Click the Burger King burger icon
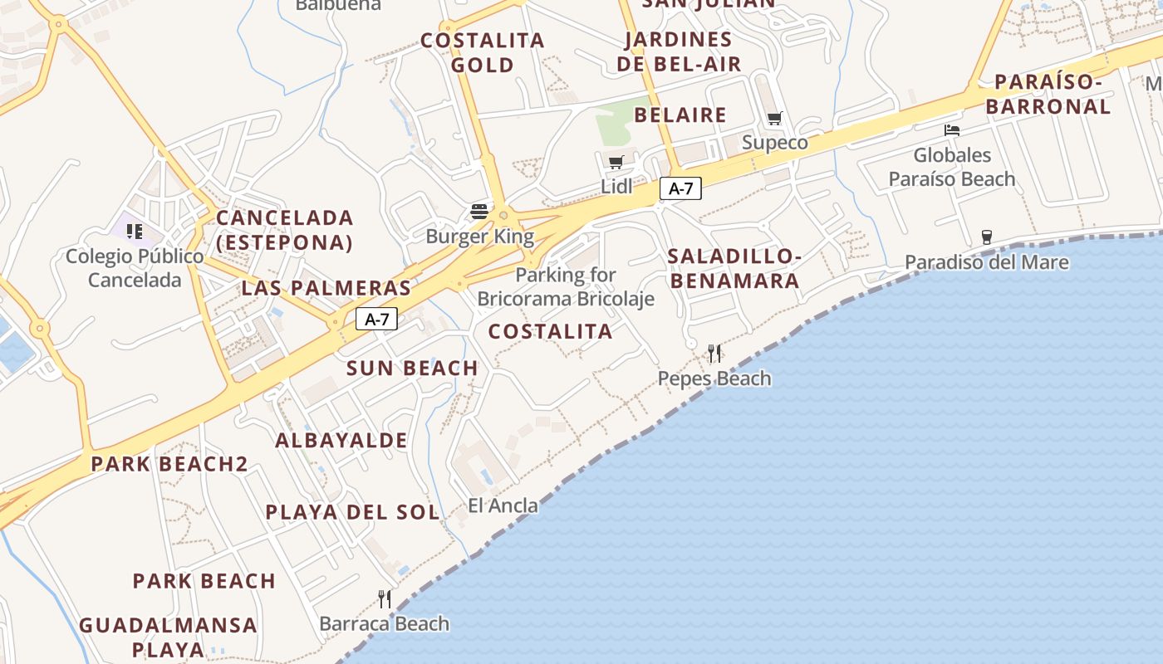point(479,212)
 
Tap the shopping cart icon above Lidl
point(616,162)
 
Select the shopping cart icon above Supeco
point(775,118)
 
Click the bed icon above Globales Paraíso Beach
point(952,130)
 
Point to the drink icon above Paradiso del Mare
point(986,237)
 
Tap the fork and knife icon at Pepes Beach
point(714,354)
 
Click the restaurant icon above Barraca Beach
point(385,598)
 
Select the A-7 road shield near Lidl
point(680,188)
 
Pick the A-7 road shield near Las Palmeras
point(377,319)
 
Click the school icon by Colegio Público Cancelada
point(135,231)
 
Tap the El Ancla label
point(503,505)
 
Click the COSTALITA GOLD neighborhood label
point(482,52)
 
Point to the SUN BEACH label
point(412,368)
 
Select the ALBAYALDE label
point(341,440)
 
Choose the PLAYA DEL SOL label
point(352,512)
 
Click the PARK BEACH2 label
point(169,464)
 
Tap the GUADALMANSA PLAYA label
point(168,637)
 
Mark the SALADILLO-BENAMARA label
point(734,268)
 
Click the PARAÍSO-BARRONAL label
point(1048,94)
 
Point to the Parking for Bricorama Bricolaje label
point(566,286)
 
